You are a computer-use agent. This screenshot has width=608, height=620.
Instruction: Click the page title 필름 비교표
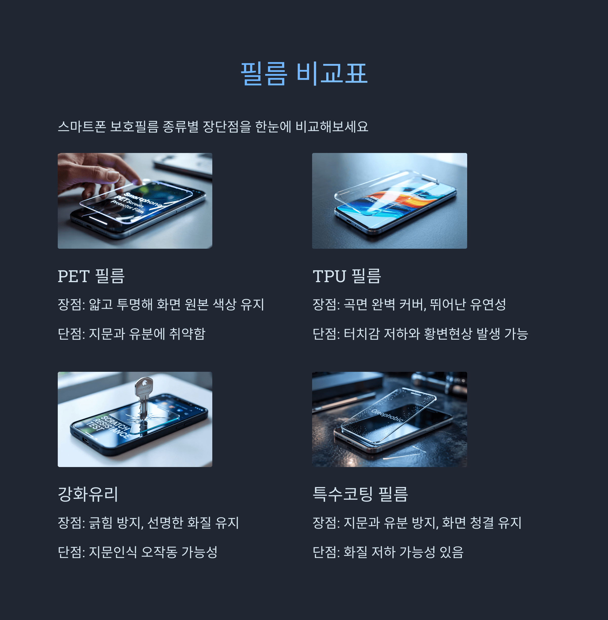coord(304,74)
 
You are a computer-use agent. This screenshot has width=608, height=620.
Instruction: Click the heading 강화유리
coord(88,494)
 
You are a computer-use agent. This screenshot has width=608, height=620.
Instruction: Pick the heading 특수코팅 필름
coord(360,494)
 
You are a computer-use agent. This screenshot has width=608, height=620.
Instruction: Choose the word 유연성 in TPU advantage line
coord(488,304)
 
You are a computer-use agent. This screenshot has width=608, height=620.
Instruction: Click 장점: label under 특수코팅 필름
coord(326,523)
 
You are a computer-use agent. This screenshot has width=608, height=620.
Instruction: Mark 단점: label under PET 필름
coord(71,334)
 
